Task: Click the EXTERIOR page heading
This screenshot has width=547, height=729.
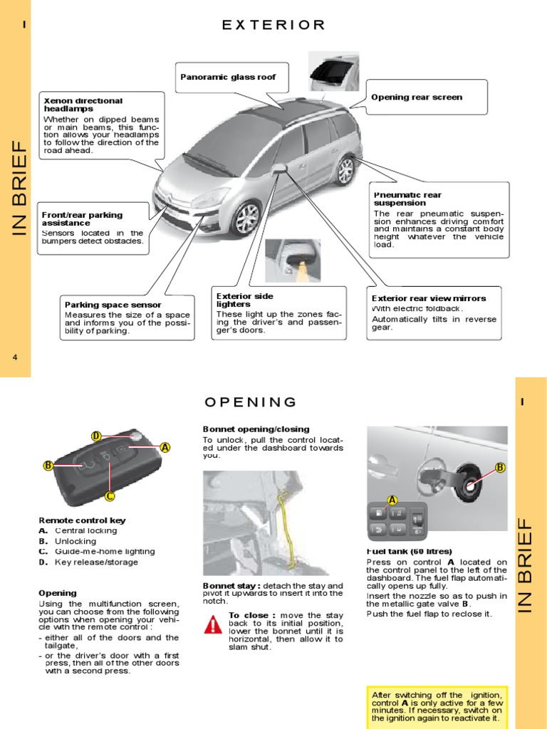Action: [x=273, y=25]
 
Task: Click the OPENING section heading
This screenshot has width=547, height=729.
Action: [x=250, y=402]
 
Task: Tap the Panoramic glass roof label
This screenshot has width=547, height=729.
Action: [x=228, y=76]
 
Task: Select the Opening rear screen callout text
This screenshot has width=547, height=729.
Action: [x=417, y=97]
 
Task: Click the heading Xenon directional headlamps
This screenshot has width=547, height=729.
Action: [x=83, y=105]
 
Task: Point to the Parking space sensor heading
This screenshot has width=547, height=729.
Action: [x=113, y=305]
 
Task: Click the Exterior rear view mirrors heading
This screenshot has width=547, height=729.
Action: [x=429, y=298]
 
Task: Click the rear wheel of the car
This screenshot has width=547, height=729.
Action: [x=345, y=171]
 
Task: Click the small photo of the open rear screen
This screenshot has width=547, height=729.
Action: [x=334, y=71]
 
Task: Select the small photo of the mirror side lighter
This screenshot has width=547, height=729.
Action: [x=293, y=261]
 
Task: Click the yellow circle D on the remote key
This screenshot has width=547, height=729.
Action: [x=96, y=436]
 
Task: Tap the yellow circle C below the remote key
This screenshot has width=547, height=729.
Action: [x=110, y=495]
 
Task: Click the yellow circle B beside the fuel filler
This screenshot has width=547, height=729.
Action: [x=499, y=467]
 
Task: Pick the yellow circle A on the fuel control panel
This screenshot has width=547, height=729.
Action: [x=391, y=500]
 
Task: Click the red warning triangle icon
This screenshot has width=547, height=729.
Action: [x=213, y=625]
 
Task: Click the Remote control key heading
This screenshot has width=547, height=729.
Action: [x=82, y=520]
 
